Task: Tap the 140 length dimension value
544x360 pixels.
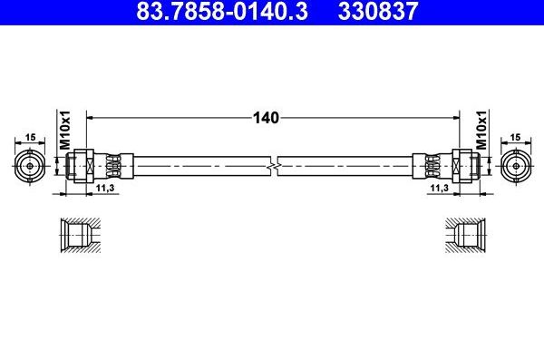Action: coord(266,117)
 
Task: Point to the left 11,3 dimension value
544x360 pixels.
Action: coord(104,187)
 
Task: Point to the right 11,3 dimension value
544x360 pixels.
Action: coord(439,187)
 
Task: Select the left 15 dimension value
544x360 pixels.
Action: coord(30,137)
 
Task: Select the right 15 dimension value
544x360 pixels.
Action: coord(515,137)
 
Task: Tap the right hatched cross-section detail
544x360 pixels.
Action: coord(467,236)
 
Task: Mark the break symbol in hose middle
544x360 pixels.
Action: coord(273,167)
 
